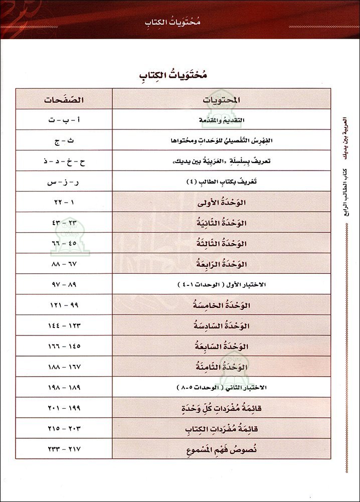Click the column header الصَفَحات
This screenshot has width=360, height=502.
(x=63, y=99)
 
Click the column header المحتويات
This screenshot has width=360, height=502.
(x=221, y=100)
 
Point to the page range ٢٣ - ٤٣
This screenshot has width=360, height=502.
(x=63, y=222)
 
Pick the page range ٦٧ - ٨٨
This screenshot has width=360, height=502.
(x=63, y=263)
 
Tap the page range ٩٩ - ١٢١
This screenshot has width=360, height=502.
(x=64, y=305)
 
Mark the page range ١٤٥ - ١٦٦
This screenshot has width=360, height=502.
(x=64, y=346)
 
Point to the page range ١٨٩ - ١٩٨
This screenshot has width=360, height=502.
(x=64, y=387)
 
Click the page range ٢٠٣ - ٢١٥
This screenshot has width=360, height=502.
(x=64, y=428)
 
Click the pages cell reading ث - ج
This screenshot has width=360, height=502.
(x=63, y=140)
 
